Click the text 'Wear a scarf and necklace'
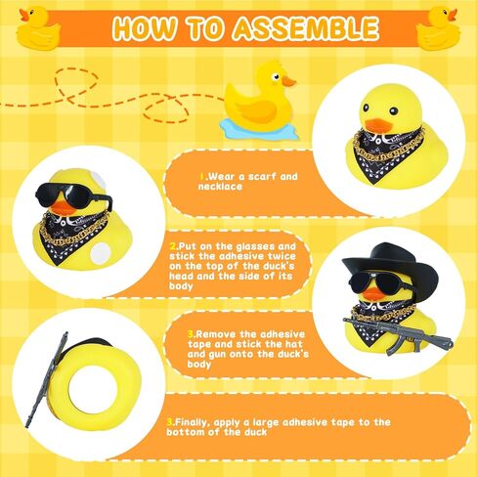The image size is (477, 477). click(x=250, y=182)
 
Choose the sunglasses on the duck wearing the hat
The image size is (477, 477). click(x=376, y=282)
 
